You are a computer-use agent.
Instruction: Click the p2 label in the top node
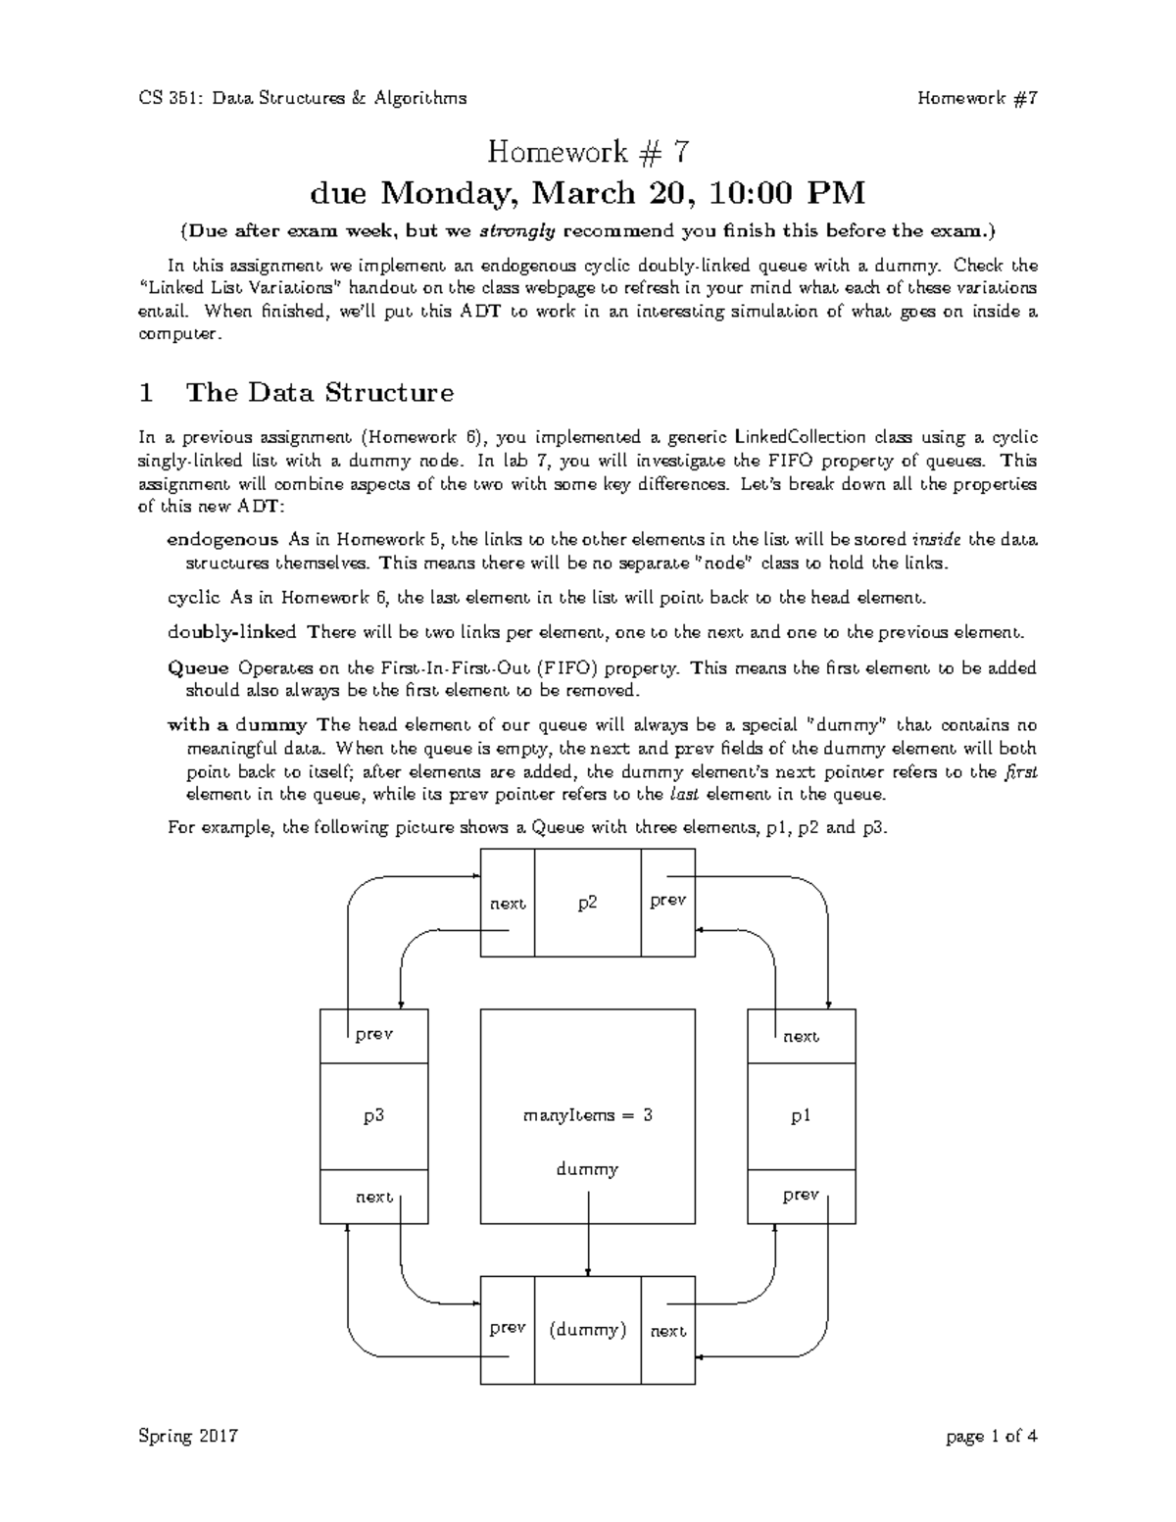tap(587, 903)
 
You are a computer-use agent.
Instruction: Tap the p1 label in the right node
tap(801, 1115)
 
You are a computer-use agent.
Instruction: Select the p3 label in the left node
tap(373, 1115)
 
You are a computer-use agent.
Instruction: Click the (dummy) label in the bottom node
tap(587, 1330)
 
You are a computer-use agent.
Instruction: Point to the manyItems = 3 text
tap(587, 1115)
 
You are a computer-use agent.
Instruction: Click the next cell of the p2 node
tap(508, 903)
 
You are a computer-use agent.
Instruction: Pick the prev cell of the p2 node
tap(667, 901)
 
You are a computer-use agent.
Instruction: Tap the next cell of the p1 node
tap(801, 1036)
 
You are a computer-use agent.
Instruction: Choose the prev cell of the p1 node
tap(801, 1196)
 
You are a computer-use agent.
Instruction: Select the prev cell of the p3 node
tap(373, 1034)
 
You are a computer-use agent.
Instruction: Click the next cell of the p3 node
tap(373, 1197)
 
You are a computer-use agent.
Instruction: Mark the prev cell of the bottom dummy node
tap(508, 1328)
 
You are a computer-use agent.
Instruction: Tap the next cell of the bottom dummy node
tap(667, 1330)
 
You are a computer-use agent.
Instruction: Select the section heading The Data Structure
tap(319, 393)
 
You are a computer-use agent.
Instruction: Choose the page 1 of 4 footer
tap(991, 1437)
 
